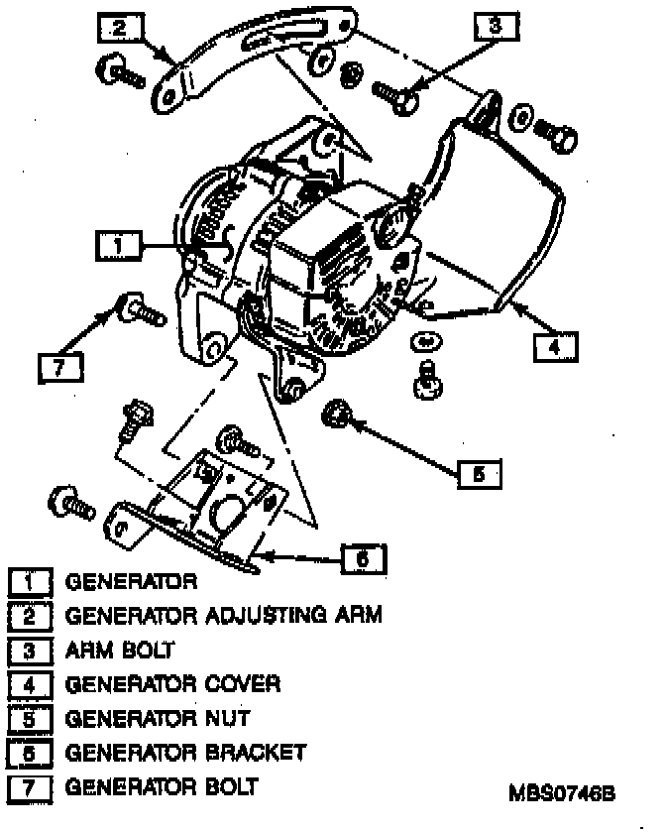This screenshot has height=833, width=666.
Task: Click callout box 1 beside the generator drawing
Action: [118, 244]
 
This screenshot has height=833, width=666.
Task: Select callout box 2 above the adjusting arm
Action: [119, 27]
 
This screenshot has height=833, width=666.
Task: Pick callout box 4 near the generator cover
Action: [555, 347]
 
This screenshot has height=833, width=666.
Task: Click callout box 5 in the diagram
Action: [479, 474]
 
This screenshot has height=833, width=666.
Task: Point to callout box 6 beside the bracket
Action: [363, 560]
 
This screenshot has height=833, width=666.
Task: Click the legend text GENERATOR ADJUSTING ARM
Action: [224, 616]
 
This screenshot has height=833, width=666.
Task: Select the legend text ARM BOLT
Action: [120, 651]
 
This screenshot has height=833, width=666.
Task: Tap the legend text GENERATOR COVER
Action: [173, 684]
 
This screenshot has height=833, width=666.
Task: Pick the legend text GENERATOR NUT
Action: [158, 718]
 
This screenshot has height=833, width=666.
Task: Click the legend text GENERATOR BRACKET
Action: [185, 753]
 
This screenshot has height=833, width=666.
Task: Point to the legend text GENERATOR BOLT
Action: [162, 787]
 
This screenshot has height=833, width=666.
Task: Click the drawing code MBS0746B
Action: [562, 793]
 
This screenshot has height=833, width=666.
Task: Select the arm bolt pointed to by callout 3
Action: [396, 94]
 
